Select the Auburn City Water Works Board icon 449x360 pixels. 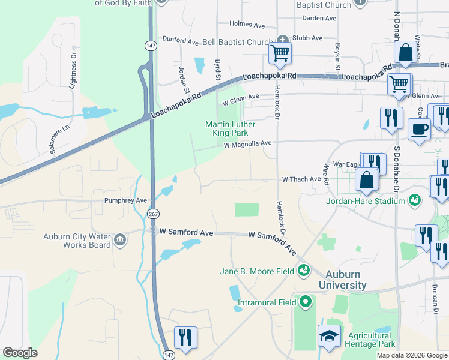119,241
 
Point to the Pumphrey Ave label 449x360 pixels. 125,200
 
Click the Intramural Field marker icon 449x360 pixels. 306,302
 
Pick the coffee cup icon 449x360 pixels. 419,128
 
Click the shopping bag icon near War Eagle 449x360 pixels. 366,179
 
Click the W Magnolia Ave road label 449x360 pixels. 248,143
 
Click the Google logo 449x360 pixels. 20,353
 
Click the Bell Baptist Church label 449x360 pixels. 237,43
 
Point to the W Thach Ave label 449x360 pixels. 301,179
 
